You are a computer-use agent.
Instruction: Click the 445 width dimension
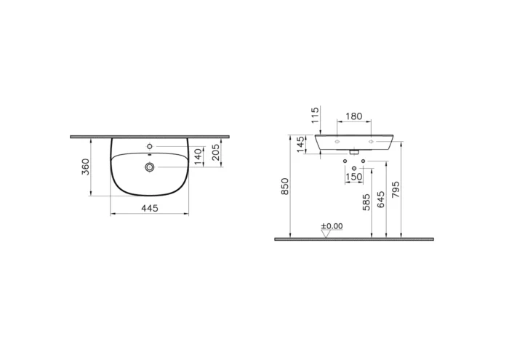149,208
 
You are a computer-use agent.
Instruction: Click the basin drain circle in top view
149,167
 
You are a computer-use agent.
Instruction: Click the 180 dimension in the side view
354,116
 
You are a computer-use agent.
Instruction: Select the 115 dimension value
315,116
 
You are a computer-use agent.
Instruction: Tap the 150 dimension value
354,177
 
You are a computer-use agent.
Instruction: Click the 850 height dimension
285,186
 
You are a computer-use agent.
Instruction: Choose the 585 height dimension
366,201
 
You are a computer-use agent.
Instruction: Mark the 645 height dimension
379,201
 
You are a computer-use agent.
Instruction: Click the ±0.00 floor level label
332,225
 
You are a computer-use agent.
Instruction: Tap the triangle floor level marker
326,233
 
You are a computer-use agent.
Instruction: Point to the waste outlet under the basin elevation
354,153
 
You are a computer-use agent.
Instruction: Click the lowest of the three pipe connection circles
354,168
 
